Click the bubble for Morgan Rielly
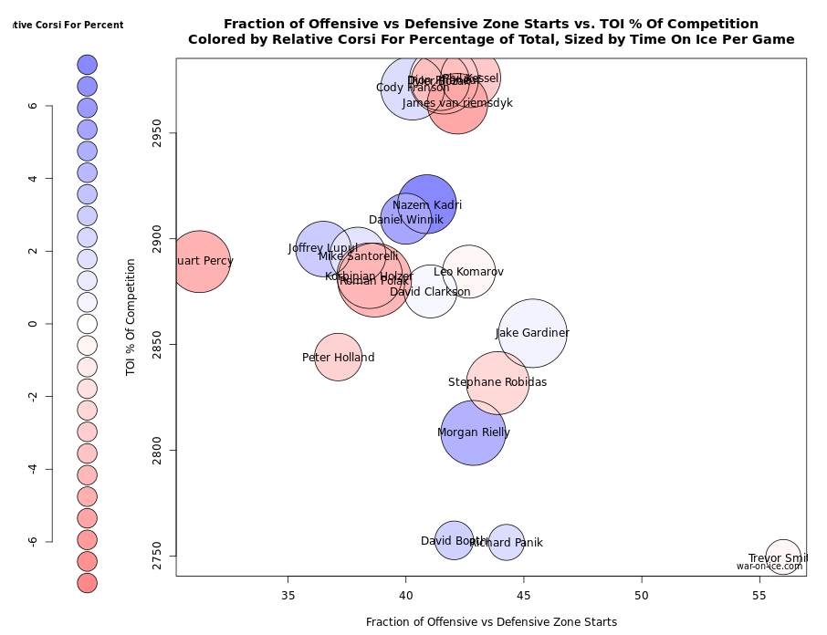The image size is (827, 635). click(x=473, y=432)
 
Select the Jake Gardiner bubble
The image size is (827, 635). click(x=533, y=334)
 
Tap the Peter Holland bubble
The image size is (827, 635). click(x=339, y=358)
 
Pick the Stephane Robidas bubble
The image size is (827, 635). click(x=497, y=382)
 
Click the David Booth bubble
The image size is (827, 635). click(x=454, y=540)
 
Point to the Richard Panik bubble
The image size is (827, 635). click(x=507, y=543)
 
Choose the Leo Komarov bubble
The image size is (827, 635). click(x=469, y=272)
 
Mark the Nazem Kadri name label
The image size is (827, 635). click(x=427, y=205)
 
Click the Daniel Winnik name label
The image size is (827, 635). click(x=405, y=220)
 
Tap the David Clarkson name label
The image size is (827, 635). click(x=430, y=292)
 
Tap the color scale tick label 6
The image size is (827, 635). click(x=33, y=106)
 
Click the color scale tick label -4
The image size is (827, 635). click(x=33, y=468)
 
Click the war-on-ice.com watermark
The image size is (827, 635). click(x=769, y=567)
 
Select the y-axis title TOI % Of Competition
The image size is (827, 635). click(x=131, y=317)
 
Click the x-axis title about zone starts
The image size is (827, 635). click(x=491, y=622)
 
